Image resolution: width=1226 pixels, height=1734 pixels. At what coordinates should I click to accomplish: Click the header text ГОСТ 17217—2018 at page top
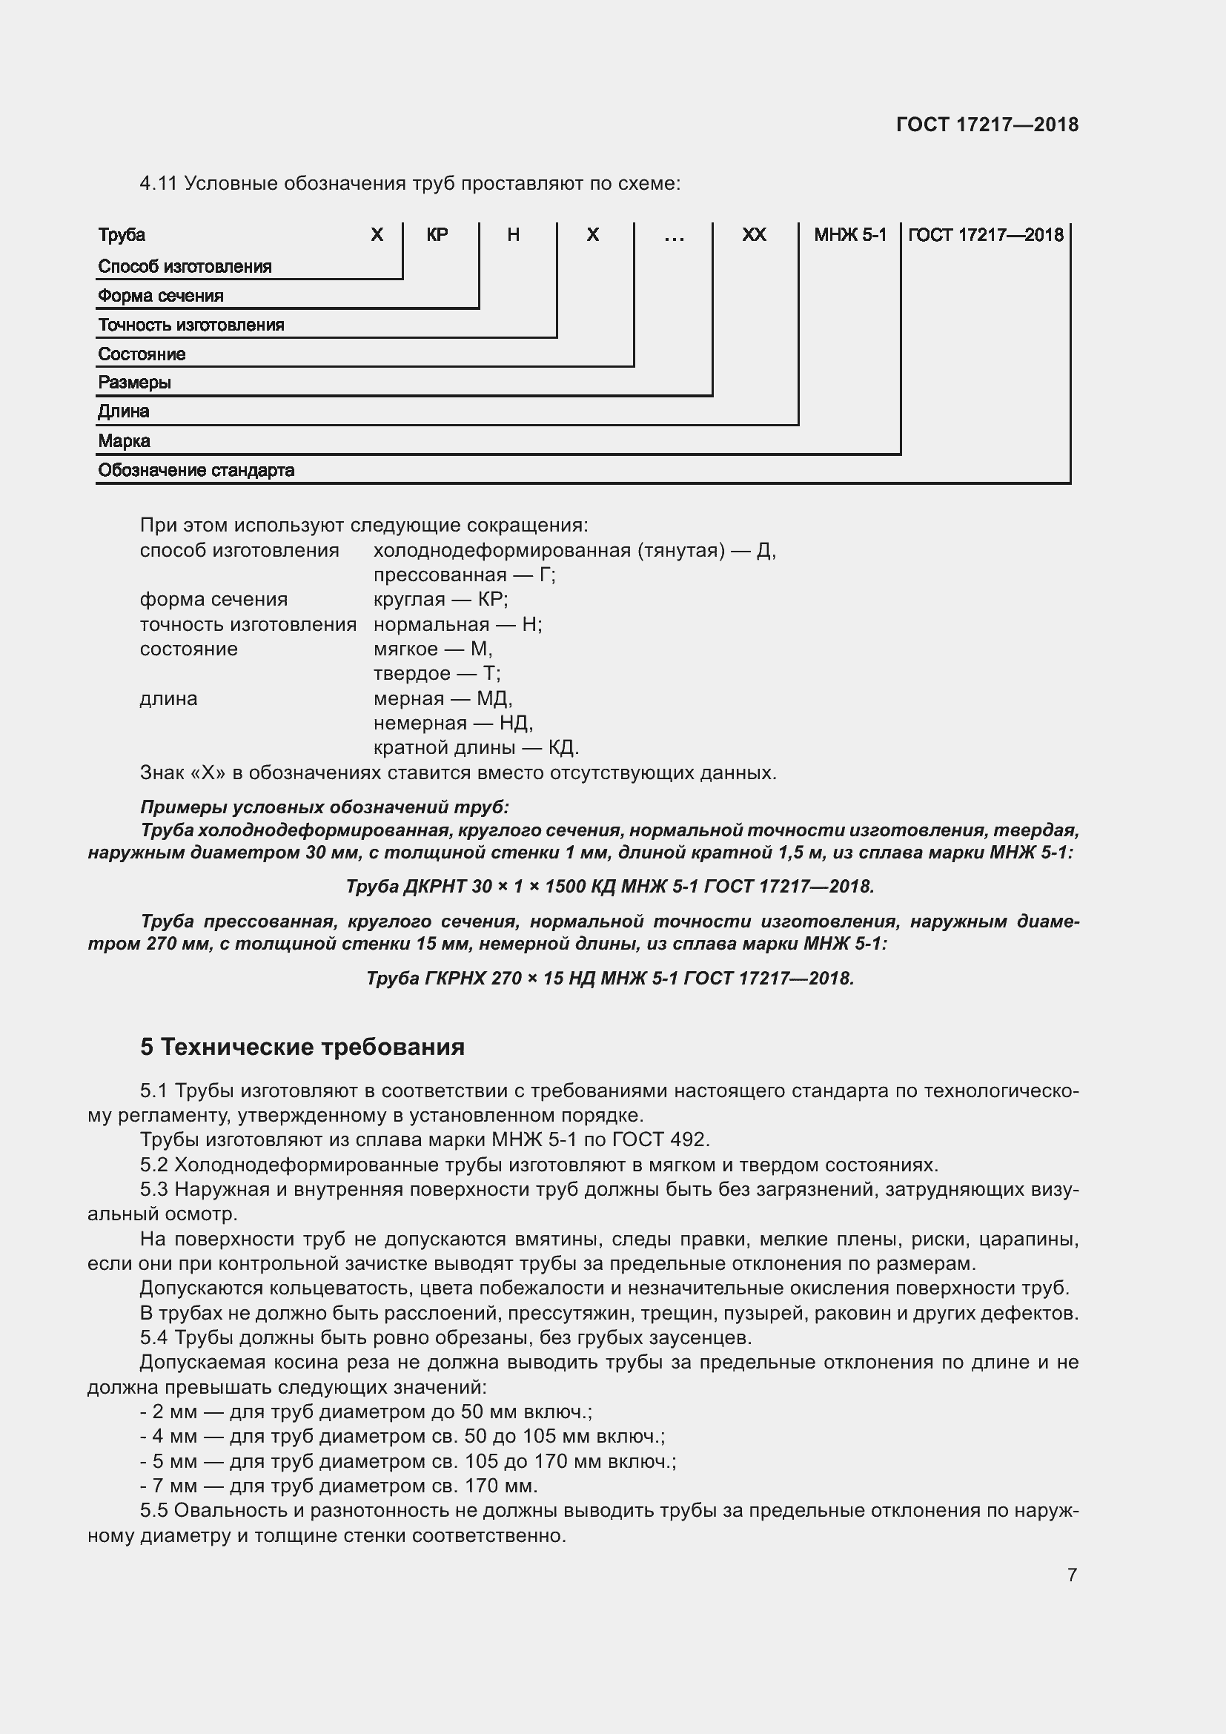tap(987, 125)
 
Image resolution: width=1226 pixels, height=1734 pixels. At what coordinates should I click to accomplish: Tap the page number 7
tap(1072, 1575)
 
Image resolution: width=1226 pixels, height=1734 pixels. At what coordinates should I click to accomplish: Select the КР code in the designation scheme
tap(437, 235)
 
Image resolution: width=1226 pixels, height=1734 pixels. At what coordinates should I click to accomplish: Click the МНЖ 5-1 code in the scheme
tap(850, 235)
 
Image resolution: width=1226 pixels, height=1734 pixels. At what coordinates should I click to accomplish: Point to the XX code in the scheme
tap(754, 235)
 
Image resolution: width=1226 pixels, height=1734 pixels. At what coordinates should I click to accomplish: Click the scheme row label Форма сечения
tap(161, 296)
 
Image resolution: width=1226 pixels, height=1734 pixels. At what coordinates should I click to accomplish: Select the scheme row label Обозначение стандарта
tap(196, 471)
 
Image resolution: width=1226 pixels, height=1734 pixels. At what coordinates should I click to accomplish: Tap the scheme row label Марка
tap(124, 441)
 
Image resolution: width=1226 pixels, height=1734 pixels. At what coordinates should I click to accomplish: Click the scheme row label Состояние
tap(142, 354)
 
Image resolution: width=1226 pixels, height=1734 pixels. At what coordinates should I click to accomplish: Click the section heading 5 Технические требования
tap(302, 1047)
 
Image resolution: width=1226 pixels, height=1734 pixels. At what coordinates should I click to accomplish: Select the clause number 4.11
tap(158, 184)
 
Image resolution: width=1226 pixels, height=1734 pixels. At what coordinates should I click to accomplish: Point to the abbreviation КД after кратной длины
tap(563, 748)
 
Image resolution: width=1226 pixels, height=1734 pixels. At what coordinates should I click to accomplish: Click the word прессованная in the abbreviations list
tap(440, 575)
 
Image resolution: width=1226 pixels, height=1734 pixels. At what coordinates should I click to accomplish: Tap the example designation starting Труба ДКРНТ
tap(610, 886)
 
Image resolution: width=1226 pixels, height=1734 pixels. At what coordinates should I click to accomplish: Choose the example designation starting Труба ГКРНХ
tap(610, 978)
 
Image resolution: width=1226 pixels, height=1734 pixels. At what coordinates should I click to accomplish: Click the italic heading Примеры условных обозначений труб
tap(325, 807)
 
